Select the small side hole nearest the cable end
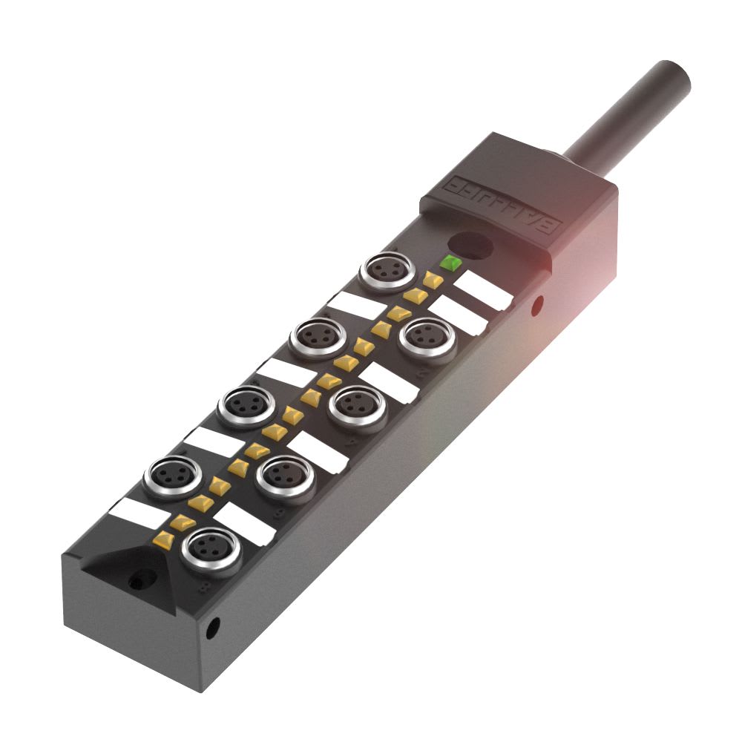point(538,303)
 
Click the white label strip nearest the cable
point(483,289)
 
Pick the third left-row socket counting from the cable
point(242,406)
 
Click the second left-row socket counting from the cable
point(315,338)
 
